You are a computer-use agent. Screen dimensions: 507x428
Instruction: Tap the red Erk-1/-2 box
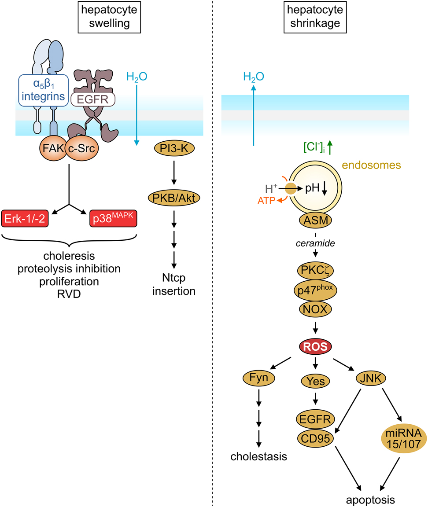coord(25,219)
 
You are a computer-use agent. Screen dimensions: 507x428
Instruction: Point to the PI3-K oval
coord(174,148)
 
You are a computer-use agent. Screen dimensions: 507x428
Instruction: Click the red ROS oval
coord(315,346)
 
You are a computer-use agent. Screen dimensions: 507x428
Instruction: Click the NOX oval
coord(315,309)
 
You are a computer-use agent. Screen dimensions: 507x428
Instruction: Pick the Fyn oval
coord(259,377)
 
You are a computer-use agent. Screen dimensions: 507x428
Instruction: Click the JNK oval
coord(370,377)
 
